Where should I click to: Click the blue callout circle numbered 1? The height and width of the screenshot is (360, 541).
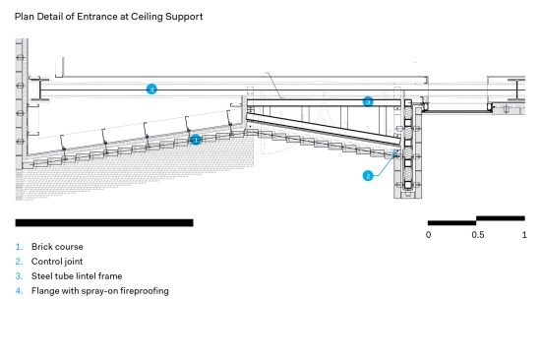click(x=196, y=140)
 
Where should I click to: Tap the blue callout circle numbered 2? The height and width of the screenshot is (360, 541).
click(x=368, y=176)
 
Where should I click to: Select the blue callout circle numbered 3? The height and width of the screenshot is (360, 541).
click(x=368, y=101)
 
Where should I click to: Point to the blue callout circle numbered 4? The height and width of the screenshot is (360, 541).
click(x=151, y=90)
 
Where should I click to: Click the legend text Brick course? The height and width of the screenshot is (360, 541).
click(x=57, y=247)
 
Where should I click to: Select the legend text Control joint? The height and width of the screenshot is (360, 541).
click(x=57, y=262)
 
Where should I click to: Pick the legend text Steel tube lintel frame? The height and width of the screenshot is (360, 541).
click(x=77, y=276)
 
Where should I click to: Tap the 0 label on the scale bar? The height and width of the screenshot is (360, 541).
click(x=428, y=235)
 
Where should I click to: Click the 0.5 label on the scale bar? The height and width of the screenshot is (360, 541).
click(x=478, y=235)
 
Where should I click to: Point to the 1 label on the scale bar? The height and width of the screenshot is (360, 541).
click(x=524, y=235)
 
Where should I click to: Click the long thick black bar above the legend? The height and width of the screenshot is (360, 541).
click(x=104, y=222)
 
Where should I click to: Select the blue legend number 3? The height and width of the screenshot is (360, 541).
click(x=19, y=276)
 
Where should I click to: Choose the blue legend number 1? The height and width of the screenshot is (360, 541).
click(x=19, y=247)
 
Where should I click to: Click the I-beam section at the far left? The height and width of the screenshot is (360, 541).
click(x=39, y=89)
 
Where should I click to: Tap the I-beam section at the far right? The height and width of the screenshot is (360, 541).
click(x=517, y=90)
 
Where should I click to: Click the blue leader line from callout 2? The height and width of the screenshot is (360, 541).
click(x=386, y=165)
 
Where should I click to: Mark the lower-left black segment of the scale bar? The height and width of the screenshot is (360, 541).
click(x=452, y=223)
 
